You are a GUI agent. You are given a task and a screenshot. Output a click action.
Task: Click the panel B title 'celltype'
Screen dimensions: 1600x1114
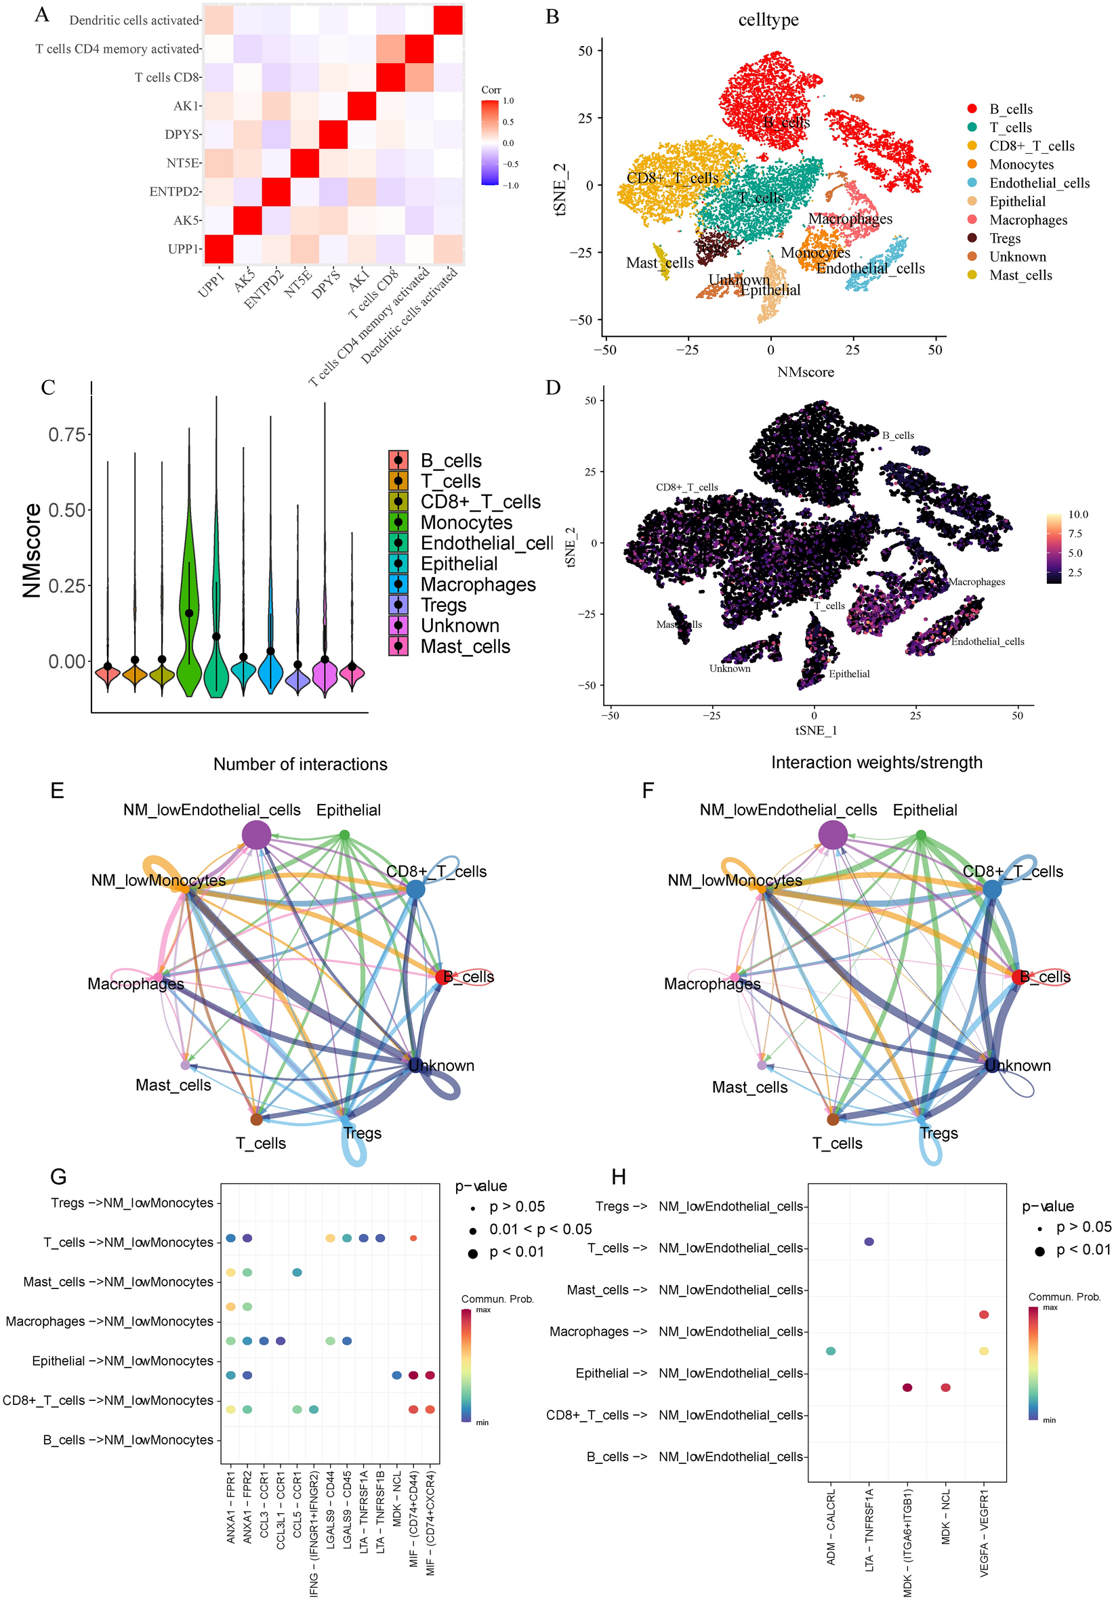[x=768, y=20]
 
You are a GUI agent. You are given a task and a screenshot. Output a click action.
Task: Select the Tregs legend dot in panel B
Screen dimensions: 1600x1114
[x=972, y=238]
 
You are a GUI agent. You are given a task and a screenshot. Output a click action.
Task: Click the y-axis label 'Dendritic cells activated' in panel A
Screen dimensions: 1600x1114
[x=135, y=20]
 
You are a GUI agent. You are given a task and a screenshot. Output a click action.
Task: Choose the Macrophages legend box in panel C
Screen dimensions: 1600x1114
[x=398, y=584]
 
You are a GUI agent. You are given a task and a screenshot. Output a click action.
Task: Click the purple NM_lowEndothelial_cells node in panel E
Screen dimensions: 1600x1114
[x=256, y=835]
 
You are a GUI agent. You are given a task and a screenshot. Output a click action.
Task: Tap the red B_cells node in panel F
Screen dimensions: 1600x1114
[x=1018, y=976]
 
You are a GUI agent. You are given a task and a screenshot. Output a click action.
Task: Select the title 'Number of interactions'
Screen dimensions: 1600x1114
[x=300, y=765]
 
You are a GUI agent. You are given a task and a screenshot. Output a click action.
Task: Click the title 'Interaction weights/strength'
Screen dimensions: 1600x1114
[x=876, y=762]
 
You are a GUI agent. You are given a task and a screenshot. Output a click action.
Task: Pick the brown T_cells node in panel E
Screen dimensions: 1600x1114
[x=256, y=1119]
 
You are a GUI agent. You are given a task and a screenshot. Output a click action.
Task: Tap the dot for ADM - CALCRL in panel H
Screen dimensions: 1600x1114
[x=830, y=1351]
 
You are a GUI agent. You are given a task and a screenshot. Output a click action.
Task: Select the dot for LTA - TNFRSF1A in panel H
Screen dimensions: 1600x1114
[x=869, y=1242]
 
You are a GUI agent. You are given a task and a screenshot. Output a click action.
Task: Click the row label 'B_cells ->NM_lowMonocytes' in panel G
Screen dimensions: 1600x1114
[x=128, y=1439]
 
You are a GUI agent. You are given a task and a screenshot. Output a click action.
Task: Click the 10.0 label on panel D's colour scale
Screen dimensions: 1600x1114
[x=1078, y=514]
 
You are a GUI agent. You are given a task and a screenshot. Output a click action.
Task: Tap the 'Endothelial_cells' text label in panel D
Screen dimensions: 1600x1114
[x=987, y=641]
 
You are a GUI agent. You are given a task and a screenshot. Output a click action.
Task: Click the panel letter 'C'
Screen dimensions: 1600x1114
[x=48, y=387]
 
